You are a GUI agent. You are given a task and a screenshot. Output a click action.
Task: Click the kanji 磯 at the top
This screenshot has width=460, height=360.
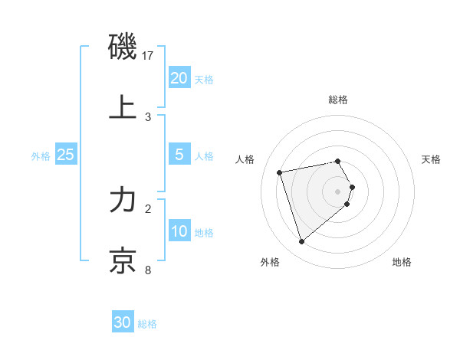click(123, 47)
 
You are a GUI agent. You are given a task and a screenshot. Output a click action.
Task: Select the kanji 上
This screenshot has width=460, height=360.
click(123, 107)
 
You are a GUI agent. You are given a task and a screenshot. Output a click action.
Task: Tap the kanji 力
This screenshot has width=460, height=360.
click(123, 201)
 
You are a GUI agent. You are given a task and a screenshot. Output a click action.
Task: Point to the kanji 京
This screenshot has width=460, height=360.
click(123, 260)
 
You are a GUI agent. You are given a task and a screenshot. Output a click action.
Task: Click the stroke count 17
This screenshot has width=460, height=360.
click(148, 55)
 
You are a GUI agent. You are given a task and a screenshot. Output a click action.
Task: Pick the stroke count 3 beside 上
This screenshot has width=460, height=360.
click(148, 116)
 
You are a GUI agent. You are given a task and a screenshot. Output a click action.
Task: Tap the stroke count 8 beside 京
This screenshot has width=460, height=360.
click(148, 270)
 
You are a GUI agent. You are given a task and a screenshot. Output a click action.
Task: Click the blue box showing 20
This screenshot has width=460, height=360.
click(179, 77)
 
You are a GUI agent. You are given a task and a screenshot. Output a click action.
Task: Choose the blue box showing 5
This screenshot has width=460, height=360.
click(179, 155)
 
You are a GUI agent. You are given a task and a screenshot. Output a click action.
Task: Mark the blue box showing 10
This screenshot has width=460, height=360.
click(179, 231)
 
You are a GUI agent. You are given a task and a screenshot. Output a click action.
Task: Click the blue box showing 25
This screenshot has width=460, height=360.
click(65, 155)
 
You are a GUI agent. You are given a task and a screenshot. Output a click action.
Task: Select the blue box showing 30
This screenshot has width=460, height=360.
click(123, 322)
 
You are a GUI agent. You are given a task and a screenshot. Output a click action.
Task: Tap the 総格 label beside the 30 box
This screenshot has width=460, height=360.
click(147, 324)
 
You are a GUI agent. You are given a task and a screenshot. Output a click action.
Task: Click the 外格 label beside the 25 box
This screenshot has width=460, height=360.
click(41, 155)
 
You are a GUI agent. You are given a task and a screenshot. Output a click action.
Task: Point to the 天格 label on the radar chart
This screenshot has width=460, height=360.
click(432, 159)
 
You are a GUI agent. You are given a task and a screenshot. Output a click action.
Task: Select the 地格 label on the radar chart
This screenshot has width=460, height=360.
click(402, 262)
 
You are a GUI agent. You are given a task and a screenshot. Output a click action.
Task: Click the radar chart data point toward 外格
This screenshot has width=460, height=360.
click(301, 242)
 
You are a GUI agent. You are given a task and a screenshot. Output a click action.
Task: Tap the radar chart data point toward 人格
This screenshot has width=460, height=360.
click(280, 172)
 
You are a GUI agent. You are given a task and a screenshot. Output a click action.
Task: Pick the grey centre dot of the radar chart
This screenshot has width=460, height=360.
click(338, 191)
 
